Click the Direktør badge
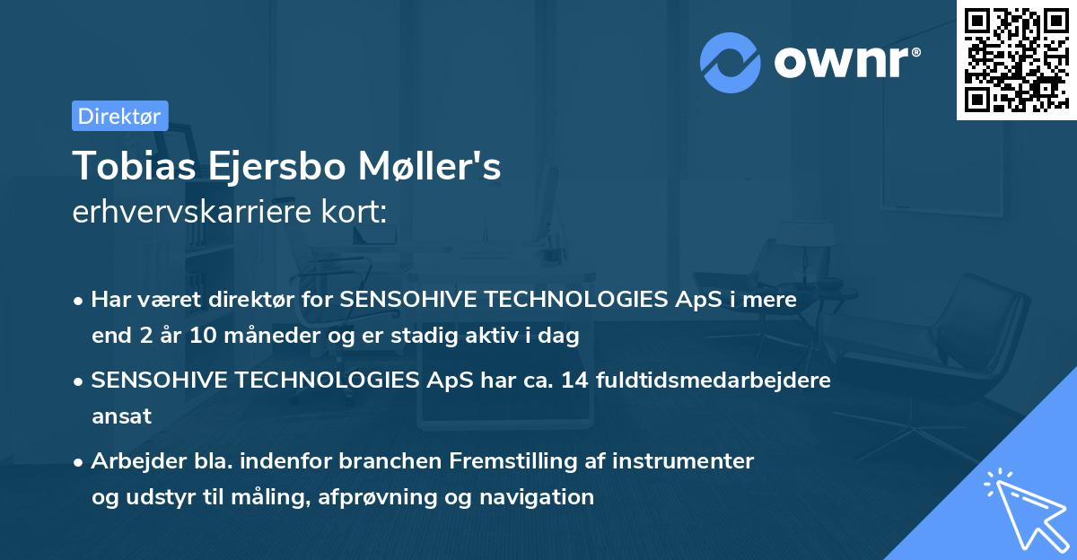[x=119, y=116]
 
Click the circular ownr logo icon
[x=730, y=62]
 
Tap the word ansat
[x=121, y=416]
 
